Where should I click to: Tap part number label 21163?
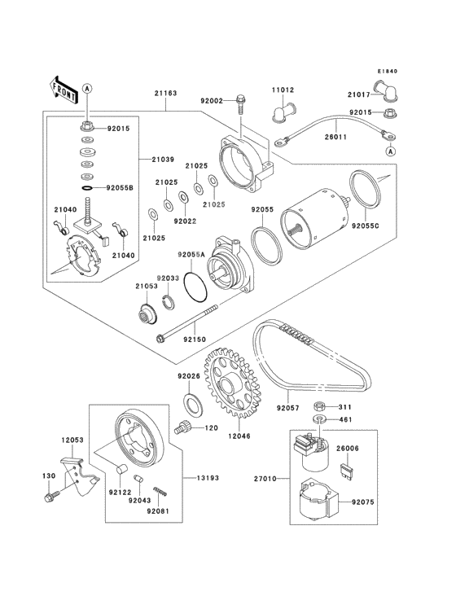[165, 93]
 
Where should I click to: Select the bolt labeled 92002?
[241, 103]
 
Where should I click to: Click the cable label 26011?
[335, 137]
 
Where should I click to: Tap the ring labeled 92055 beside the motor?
[266, 247]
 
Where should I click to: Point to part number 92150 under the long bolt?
[194, 340]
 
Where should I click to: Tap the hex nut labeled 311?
[320, 407]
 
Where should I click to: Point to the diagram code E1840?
[387, 71]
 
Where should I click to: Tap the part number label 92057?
[287, 408]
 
